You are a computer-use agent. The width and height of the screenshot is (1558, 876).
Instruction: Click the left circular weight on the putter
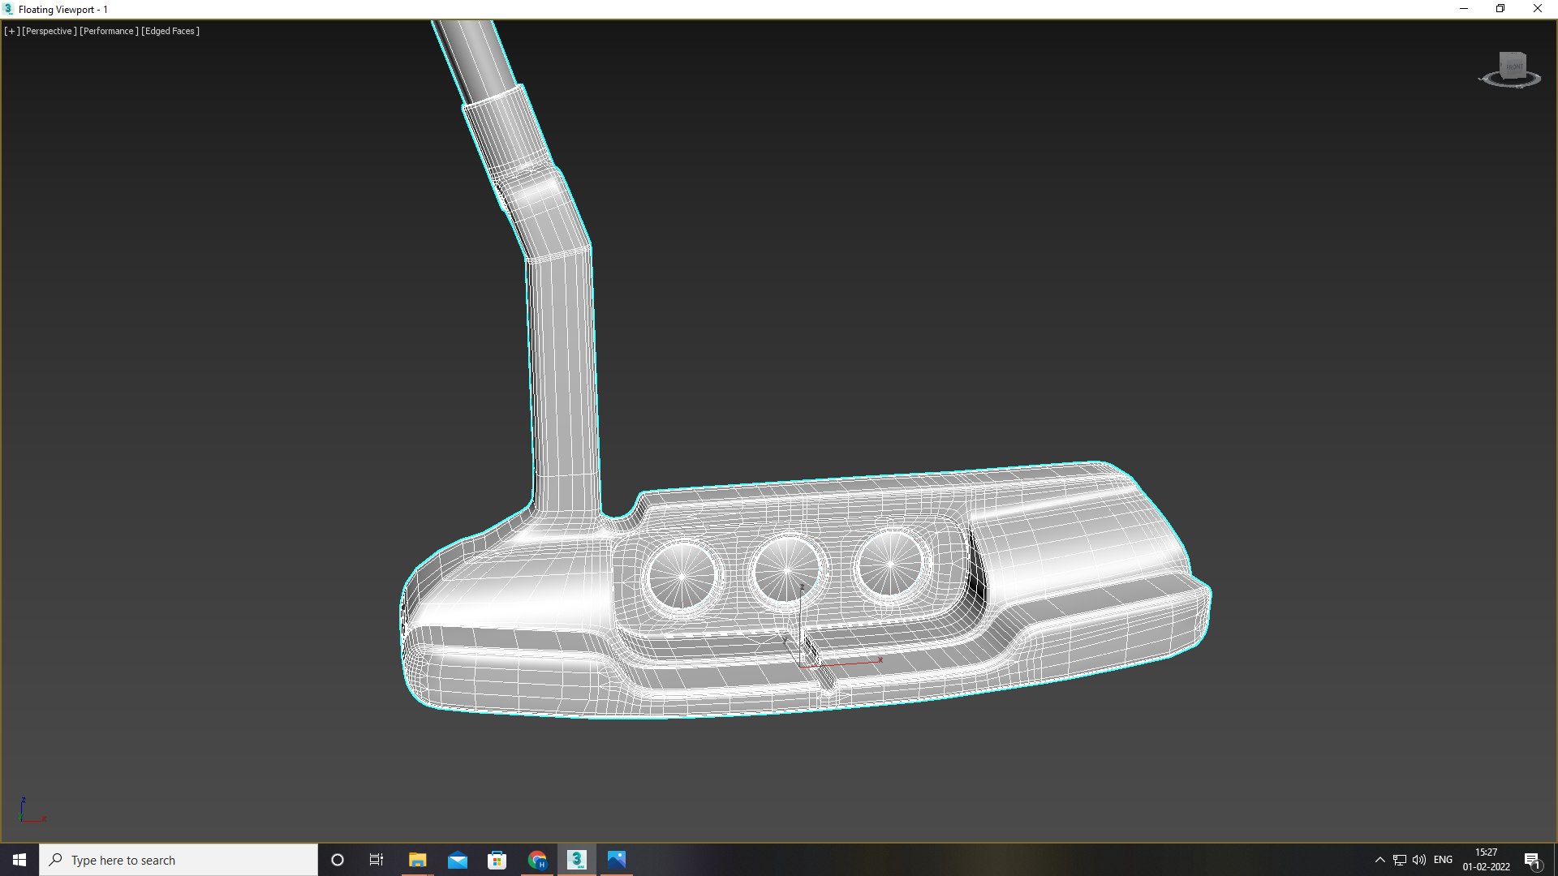pos(682,575)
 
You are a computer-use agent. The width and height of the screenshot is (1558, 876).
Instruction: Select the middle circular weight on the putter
pos(786,570)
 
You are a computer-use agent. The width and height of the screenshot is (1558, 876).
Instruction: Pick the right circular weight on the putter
pos(890,563)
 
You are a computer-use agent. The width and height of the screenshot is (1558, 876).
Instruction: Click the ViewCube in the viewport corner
pos(1511,70)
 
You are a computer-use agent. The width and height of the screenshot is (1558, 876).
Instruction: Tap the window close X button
pos(1537,9)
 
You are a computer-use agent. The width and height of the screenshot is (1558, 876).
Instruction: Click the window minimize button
pos(1464,9)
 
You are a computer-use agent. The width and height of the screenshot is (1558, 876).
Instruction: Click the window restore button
pos(1500,9)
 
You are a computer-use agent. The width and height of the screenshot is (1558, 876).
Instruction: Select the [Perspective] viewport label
pos(49,31)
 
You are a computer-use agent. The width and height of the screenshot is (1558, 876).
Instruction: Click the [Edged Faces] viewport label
pos(170,31)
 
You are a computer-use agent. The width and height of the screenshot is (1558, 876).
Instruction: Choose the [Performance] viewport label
pos(109,31)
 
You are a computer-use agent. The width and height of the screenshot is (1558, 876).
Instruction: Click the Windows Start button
pos(19,860)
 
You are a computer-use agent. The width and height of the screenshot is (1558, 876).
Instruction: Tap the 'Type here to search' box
pos(179,860)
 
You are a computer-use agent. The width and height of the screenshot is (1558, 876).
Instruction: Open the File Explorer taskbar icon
pos(417,860)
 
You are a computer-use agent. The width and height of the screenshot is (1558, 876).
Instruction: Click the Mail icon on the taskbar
pos(458,860)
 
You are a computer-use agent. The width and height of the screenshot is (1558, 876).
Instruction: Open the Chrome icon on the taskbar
pos(537,860)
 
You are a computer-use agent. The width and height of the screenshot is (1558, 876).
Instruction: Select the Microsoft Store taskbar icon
pos(497,860)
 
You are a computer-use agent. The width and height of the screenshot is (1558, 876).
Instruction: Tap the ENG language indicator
pos(1443,860)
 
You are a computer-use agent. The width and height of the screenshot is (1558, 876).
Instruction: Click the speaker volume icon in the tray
pos(1419,860)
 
